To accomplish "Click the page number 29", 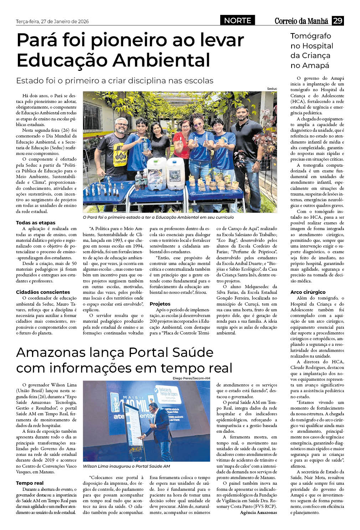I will (x=337, y=21).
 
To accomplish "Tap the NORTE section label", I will (x=237, y=21).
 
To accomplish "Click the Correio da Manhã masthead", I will (x=301, y=21).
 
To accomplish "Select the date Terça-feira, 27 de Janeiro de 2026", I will (x=52, y=21).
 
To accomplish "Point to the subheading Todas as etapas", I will (x=36, y=223).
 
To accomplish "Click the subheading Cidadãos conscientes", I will (x=43, y=292).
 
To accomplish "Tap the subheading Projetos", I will (x=160, y=304).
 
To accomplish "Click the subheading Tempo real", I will (x=30, y=483).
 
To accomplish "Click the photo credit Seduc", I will (x=272, y=89).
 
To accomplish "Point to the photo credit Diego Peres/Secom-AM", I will (x=191, y=378).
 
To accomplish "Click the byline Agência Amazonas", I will (x=258, y=512).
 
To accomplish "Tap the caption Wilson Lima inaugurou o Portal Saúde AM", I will (x=126, y=466).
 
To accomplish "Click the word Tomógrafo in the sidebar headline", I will (x=310, y=36).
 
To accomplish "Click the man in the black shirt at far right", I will (x=245, y=142).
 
